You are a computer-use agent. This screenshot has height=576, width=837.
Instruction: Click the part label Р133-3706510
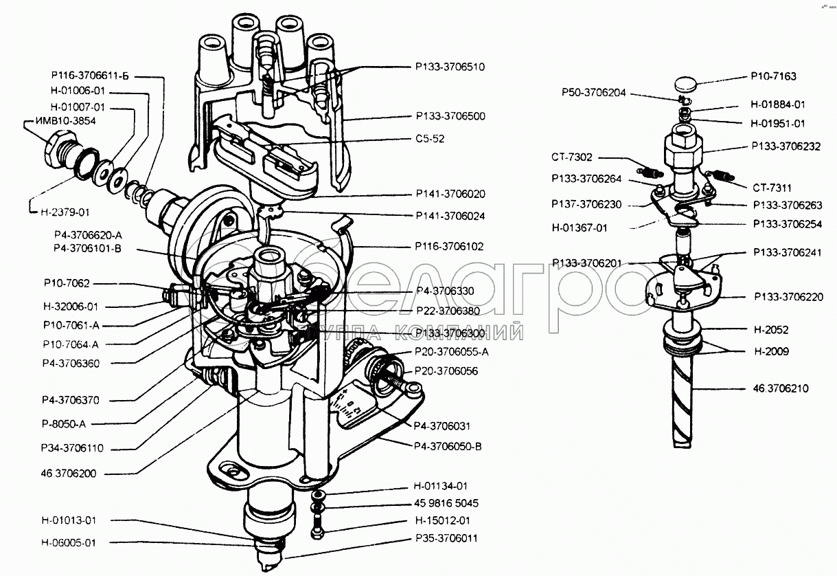click(450, 67)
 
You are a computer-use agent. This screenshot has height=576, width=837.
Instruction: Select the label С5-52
click(430, 138)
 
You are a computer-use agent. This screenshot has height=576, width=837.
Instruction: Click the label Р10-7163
click(774, 76)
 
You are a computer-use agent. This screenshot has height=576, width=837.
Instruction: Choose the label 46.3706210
click(779, 388)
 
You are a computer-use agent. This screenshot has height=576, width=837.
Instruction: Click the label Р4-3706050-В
click(448, 445)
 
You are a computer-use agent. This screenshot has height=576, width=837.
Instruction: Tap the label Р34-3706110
click(72, 448)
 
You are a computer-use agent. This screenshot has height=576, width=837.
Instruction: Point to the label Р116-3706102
click(450, 245)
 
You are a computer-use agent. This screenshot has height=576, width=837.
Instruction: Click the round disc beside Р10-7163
click(684, 86)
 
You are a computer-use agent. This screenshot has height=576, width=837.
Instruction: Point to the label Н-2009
click(770, 351)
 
